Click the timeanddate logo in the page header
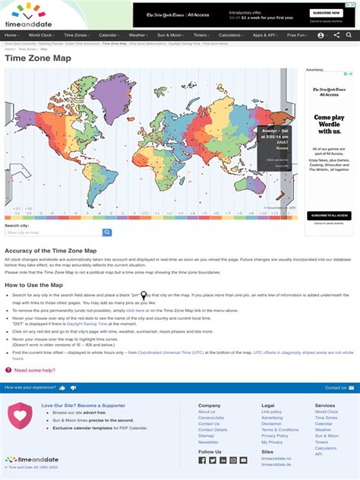(28, 14)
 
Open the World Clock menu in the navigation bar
(42, 35)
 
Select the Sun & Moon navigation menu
(169, 35)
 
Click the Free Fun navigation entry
(296, 35)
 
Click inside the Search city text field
(54, 232)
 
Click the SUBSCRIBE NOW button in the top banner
(326, 13)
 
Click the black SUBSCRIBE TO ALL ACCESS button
(329, 216)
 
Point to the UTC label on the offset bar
(145, 213)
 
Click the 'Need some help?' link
(31, 370)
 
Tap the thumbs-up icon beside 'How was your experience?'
(62, 387)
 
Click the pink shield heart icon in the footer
(20, 417)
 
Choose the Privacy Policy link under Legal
(275, 436)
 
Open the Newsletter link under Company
(208, 442)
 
